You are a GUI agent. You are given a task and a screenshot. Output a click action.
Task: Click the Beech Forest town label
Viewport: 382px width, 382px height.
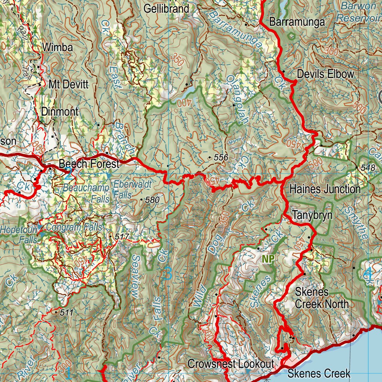click(x=90, y=163)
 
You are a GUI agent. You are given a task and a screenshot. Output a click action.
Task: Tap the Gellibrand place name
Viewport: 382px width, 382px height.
click(x=167, y=9)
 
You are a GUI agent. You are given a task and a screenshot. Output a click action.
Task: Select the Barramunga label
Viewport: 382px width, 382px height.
click(x=297, y=22)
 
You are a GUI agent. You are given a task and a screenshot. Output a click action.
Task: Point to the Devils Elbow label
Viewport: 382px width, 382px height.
click(x=325, y=74)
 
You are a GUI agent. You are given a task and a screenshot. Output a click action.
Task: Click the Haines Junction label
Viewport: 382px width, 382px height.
click(x=325, y=189)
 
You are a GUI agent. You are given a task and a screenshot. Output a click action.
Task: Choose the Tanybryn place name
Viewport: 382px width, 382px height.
click(x=312, y=215)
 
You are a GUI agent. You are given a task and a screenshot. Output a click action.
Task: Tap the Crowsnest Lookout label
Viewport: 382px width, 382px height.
click(x=231, y=364)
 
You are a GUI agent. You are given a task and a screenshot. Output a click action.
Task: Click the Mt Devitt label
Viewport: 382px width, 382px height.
click(x=69, y=84)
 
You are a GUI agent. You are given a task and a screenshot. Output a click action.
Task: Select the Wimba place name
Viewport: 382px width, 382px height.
click(x=57, y=47)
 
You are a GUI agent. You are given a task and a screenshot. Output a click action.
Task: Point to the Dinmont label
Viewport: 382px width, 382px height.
click(x=60, y=111)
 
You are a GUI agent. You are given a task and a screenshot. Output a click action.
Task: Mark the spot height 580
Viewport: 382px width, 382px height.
click(x=152, y=200)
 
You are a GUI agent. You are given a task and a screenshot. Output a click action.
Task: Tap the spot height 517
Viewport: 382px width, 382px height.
click(x=122, y=237)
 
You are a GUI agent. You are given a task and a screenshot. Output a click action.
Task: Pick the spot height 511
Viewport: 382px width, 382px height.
click(x=66, y=313)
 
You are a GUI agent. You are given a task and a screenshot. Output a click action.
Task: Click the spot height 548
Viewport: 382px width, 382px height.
click(x=368, y=168)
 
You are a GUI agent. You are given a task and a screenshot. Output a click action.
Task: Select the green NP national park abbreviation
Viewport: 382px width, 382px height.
click(x=268, y=259)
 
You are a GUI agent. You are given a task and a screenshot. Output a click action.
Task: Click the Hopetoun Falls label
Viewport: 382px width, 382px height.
click(x=19, y=234)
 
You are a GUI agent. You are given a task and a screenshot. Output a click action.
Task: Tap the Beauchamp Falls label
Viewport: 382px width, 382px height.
click(x=86, y=193)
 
